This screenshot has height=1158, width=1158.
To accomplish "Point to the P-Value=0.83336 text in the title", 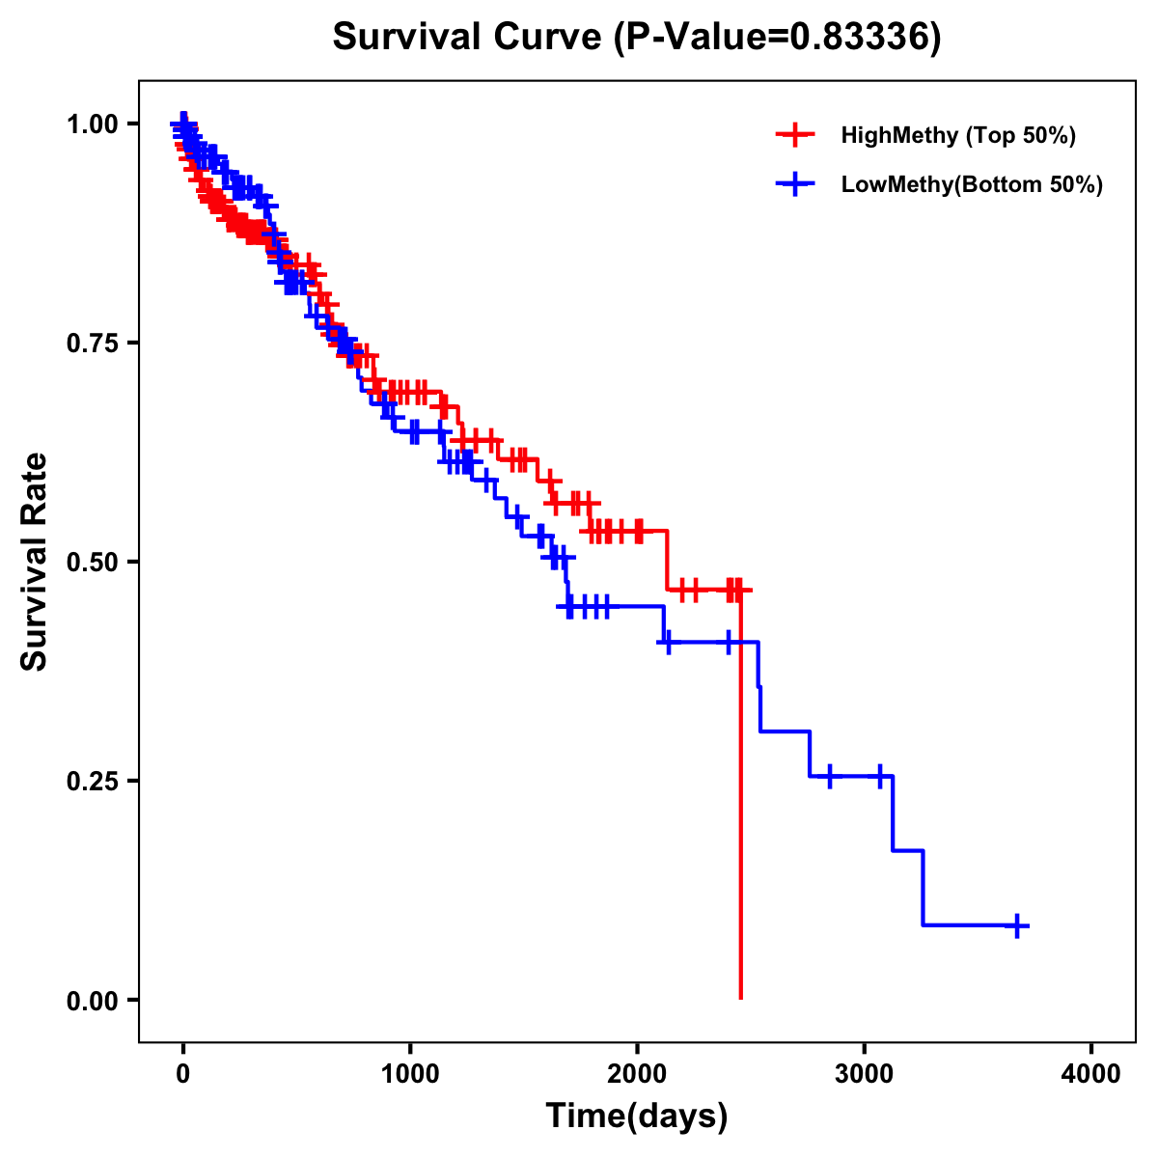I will pos(777,38).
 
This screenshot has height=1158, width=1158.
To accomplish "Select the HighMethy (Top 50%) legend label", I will pos(957,135).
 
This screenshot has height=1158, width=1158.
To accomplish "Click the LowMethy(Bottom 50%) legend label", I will pos(972,185).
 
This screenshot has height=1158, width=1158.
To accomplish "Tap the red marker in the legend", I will pos(795,135).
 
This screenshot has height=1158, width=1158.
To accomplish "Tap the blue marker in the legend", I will pos(795,185).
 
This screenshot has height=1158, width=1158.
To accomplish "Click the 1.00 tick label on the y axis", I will pos(95,124).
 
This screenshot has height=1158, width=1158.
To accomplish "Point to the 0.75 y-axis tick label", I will pos(95,343).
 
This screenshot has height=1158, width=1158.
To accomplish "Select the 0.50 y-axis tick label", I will pos(95,562).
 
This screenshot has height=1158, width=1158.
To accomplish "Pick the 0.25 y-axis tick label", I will pos(95,781).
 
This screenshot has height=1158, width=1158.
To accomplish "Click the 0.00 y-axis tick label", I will pos(95,1000).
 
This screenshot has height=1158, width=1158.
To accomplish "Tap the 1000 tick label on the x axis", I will pos(410,1074).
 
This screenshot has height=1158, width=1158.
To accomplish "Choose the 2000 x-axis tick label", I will pos(637,1074).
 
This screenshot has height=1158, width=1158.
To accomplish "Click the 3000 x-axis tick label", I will pos(865,1074).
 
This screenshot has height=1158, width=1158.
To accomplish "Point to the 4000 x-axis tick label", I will pos(1091,1074).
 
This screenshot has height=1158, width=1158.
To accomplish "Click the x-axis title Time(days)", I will pos(637,1117).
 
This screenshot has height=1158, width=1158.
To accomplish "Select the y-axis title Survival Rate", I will pos(36,562).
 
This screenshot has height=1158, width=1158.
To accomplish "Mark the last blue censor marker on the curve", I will pos(1016,925).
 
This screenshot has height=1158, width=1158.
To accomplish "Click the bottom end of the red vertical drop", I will pos(740,998).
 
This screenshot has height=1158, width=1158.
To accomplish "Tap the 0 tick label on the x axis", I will pos(182,1074).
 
